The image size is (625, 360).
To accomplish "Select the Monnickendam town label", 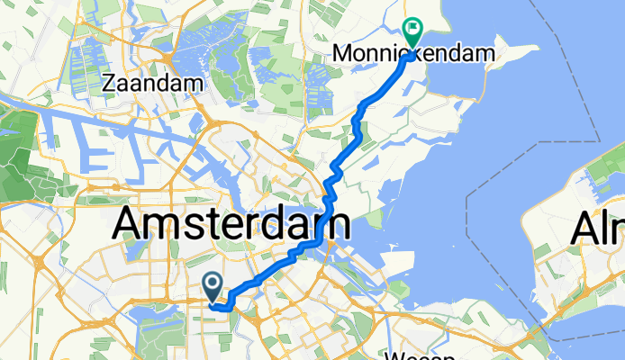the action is click(414, 54).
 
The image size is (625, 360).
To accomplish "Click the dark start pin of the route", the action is click(213, 287).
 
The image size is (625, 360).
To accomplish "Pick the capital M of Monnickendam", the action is click(342, 54).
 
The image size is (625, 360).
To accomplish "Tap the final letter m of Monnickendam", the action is click(486, 54).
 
